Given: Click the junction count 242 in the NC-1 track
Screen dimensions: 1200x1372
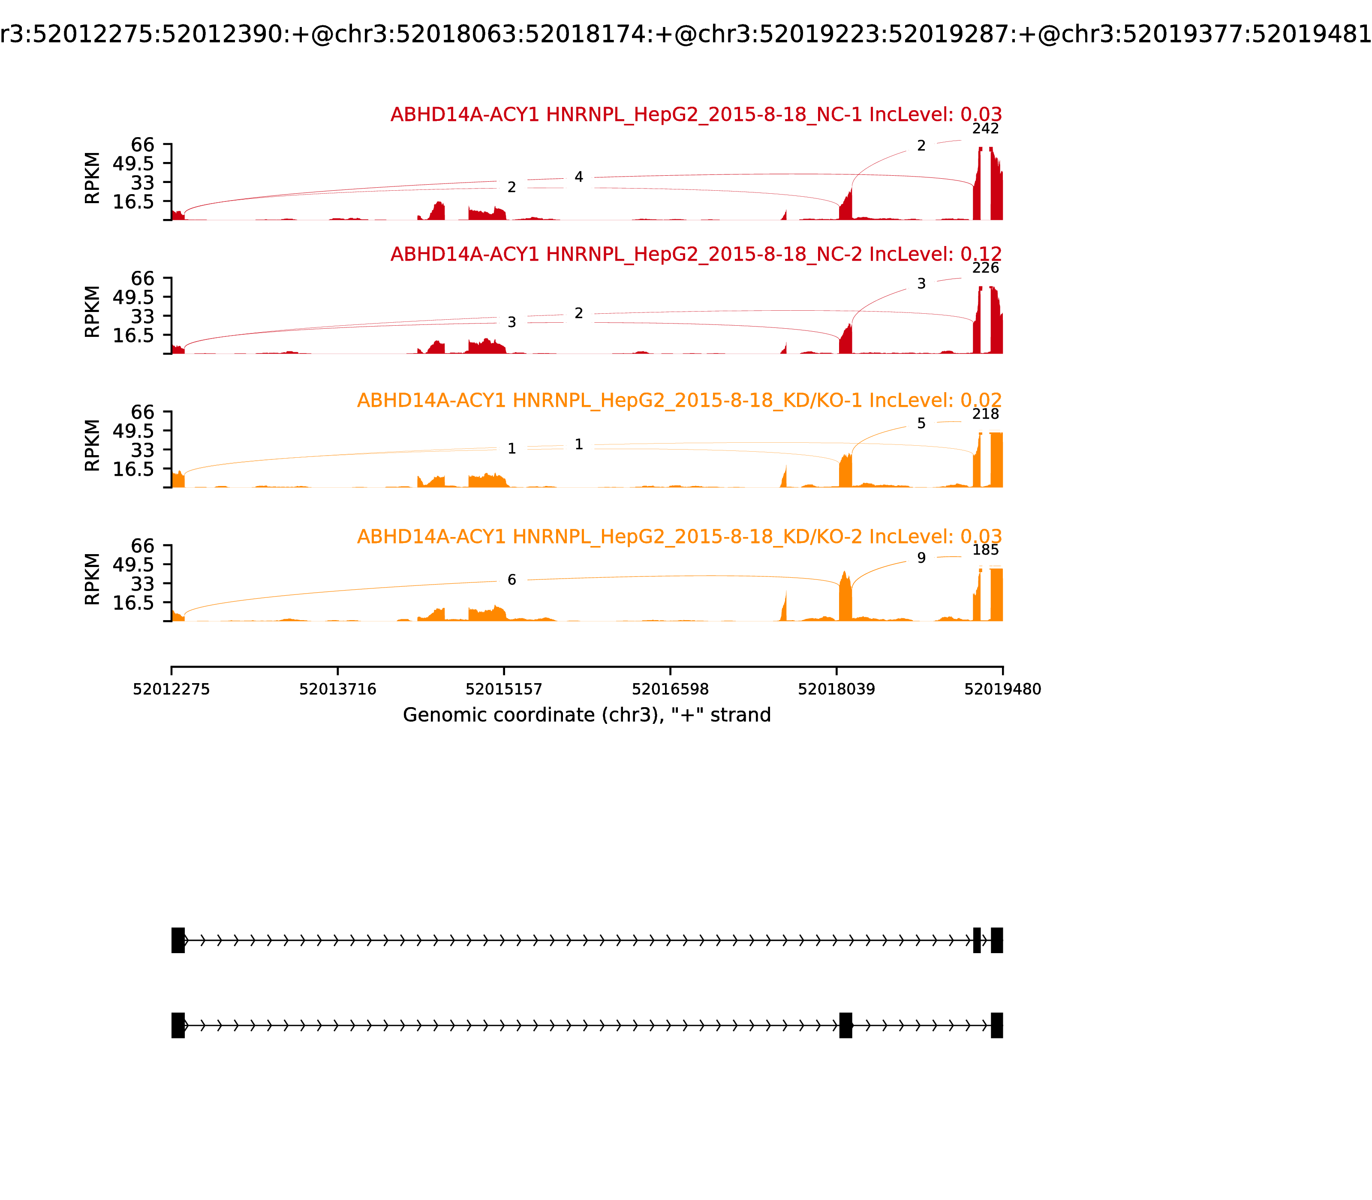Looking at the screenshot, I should [985, 129].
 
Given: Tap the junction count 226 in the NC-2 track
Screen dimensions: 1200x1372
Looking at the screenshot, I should [985, 268].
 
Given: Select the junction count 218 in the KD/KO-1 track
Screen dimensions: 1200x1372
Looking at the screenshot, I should [985, 414].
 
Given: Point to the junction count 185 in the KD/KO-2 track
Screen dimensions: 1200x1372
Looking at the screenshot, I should [985, 550].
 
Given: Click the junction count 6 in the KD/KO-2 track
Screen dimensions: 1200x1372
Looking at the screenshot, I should [512, 580].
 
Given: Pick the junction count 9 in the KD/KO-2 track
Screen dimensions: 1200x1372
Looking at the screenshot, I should [921, 558].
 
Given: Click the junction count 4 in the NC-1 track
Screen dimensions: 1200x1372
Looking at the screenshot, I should [579, 177].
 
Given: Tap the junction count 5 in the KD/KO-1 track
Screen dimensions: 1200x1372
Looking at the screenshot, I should [921, 423].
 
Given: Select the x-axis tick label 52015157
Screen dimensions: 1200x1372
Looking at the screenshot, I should [504, 689].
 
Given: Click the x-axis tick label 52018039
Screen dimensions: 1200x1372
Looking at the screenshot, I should [836, 689].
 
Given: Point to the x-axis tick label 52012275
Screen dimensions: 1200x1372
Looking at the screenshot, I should [171, 689].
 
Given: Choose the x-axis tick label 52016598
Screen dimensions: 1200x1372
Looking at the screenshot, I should [670, 689].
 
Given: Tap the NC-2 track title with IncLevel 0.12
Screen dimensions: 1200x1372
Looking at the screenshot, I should [696, 255].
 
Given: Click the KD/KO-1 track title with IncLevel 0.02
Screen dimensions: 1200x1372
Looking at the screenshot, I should [679, 400].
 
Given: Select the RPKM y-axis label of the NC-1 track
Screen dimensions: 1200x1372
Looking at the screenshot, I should [93, 178].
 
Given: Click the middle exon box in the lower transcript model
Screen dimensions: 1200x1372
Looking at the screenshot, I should [845, 1025].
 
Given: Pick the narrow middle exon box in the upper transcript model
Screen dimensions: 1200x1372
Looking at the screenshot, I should [977, 940].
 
